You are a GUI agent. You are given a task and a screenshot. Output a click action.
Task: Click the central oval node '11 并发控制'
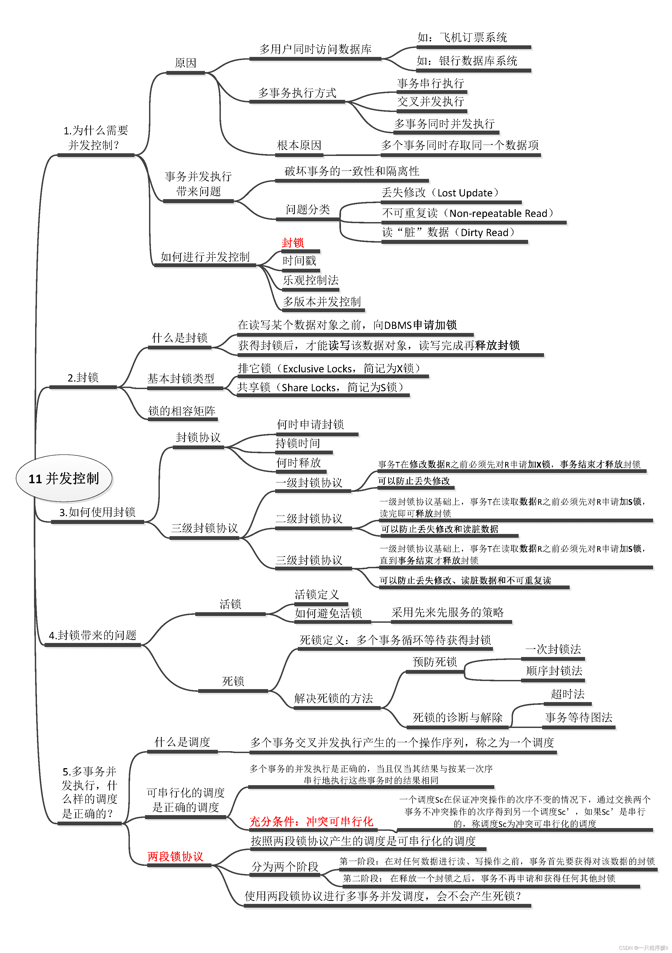point(64,479)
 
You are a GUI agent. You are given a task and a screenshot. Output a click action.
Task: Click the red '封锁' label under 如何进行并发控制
point(293,243)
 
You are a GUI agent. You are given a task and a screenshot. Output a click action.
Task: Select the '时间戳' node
point(299,261)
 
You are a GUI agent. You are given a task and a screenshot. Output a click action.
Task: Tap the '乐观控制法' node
point(311,280)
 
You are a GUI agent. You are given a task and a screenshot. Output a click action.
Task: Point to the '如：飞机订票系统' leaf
point(462,38)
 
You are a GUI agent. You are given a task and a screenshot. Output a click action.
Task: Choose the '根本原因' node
point(299,145)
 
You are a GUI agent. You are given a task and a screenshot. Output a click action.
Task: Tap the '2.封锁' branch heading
point(83,378)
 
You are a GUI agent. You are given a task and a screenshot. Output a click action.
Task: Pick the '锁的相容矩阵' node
point(182,411)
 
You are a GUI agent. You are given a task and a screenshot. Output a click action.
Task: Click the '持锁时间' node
point(298,443)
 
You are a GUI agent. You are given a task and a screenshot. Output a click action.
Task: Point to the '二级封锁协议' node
point(309,519)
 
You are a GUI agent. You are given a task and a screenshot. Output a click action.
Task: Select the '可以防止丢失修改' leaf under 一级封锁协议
point(414,481)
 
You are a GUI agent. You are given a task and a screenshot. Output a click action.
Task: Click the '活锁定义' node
point(317,595)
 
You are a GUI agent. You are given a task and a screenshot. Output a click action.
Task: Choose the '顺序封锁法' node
point(554,671)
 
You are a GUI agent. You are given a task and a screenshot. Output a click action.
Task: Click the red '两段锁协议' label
point(175,856)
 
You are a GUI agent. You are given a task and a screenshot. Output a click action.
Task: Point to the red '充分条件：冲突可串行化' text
point(312,821)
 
